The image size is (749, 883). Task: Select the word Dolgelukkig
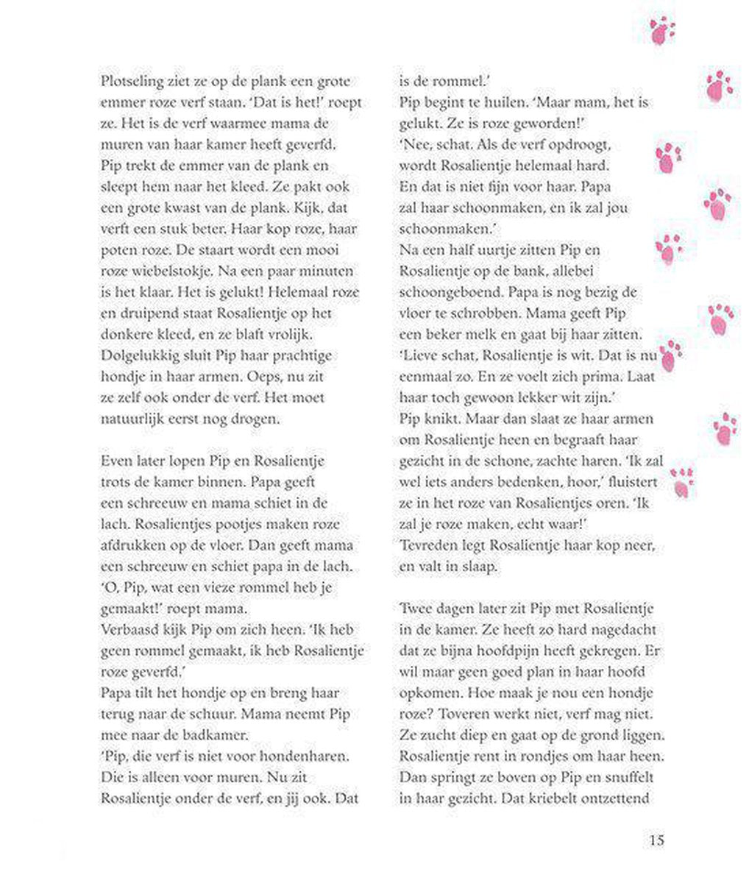141,355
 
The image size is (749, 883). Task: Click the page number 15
656,840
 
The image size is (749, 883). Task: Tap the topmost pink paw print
662,31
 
